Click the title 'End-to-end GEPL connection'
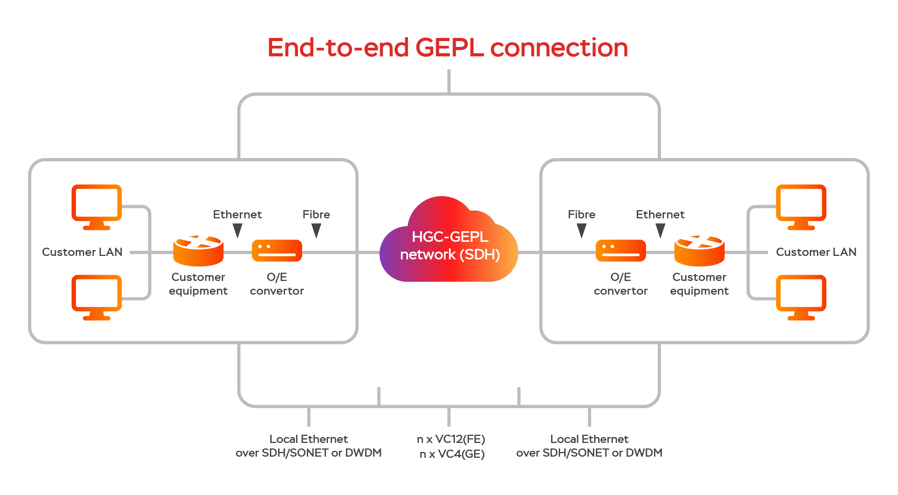click(x=447, y=48)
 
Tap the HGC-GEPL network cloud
click(x=449, y=245)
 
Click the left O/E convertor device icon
click(x=277, y=250)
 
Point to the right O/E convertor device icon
click(x=621, y=250)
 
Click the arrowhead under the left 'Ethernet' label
click(x=237, y=230)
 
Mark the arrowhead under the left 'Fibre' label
click(x=316, y=230)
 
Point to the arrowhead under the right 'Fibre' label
click(x=582, y=230)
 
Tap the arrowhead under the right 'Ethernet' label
click(x=660, y=230)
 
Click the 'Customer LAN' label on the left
click(x=82, y=252)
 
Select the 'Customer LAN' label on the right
click(x=816, y=252)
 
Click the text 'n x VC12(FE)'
click(x=451, y=439)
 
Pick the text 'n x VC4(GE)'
click(x=452, y=454)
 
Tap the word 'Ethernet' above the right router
click(x=660, y=214)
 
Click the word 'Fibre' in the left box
click(x=316, y=214)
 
